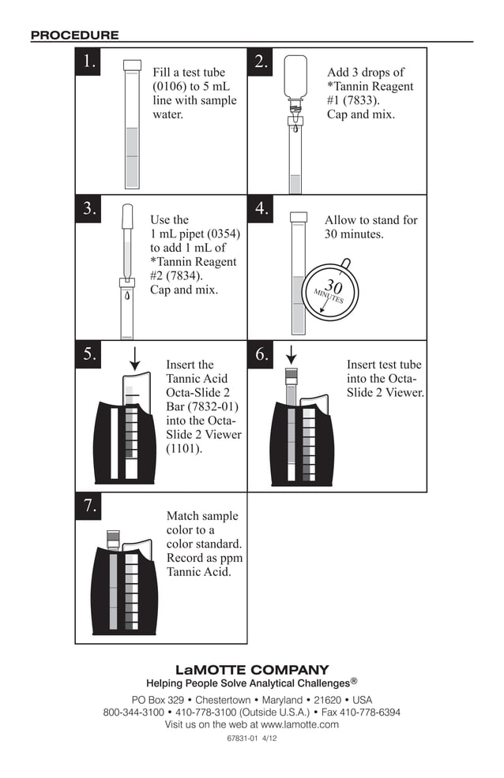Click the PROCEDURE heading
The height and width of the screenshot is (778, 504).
pyautogui.click(x=74, y=35)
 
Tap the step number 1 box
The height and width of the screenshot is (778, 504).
pyautogui.click(x=89, y=62)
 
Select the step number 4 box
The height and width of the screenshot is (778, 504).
pyautogui.click(x=262, y=208)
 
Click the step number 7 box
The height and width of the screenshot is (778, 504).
pyautogui.click(x=89, y=506)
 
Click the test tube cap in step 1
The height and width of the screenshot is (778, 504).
pyautogui.click(x=132, y=65)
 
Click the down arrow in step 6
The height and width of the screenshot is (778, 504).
pyautogui.click(x=290, y=355)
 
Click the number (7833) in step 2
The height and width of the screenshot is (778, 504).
pyautogui.click(x=363, y=100)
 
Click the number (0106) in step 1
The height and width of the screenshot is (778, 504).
pyautogui.click(x=171, y=86)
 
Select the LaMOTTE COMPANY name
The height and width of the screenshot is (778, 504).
pyautogui.click(x=251, y=670)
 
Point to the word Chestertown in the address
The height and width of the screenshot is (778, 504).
pyautogui.click(x=223, y=700)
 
